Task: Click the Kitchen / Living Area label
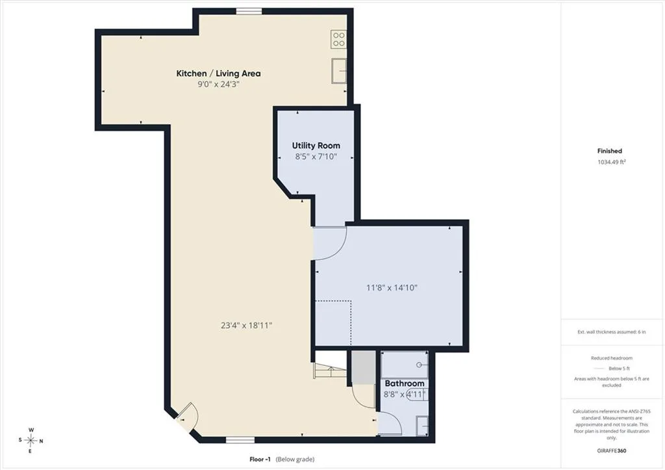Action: click(218, 73)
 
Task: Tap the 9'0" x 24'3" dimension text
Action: click(218, 84)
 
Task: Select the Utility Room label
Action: click(316, 146)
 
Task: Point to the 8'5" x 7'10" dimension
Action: click(316, 157)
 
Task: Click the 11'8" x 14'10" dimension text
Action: click(392, 288)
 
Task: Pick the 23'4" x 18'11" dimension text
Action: click(246, 326)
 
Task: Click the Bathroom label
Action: click(405, 384)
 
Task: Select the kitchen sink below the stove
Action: click(339, 71)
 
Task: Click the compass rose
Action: click(31, 441)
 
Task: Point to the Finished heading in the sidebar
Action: click(609, 151)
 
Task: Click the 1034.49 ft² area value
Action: click(612, 162)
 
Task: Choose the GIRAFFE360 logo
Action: click(612, 450)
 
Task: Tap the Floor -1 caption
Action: click(260, 459)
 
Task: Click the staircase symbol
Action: click(329, 371)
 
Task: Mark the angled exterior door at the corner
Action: click(186, 417)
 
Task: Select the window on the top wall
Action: click(249, 12)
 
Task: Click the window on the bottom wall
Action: click(240, 440)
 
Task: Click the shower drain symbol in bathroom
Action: click(420, 365)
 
